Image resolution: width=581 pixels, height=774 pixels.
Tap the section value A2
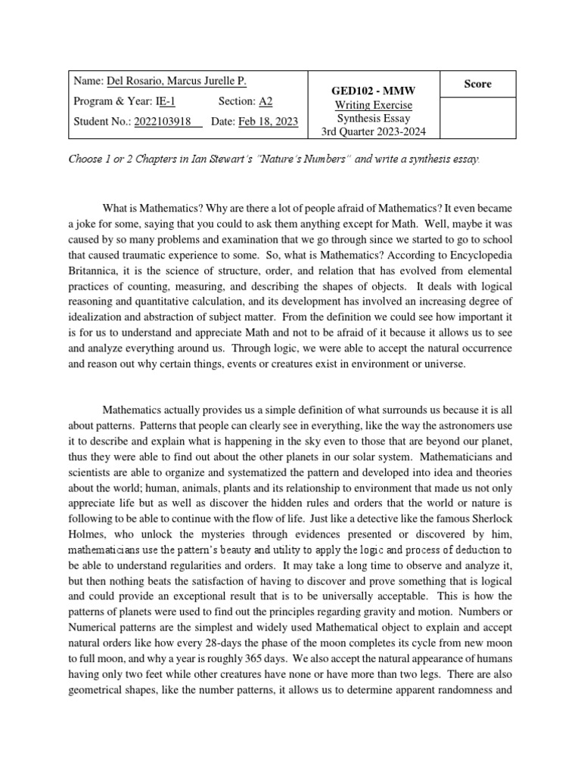pyautogui.click(x=266, y=101)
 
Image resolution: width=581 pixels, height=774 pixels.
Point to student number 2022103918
pyautogui.click(x=168, y=122)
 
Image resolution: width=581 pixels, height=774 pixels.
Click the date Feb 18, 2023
pyautogui.click(x=269, y=122)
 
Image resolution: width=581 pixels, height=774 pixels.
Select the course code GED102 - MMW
pyautogui.click(x=374, y=91)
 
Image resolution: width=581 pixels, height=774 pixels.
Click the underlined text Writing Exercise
pyautogui.click(x=374, y=105)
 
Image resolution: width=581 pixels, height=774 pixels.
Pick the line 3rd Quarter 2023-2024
pyautogui.click(x=374, y=132)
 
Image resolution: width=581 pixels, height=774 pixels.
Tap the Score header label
pyautogui.click(x=477, y=84)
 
